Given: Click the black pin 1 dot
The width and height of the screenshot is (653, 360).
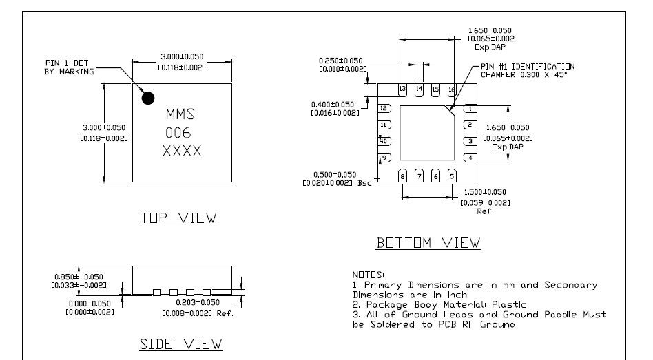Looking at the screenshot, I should [x=148, y=98].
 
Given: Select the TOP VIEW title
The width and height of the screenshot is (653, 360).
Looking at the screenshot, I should [x=178, y=218].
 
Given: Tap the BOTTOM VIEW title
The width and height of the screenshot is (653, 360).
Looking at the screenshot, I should [x=428, y=244].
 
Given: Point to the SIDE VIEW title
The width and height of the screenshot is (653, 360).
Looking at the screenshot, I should [x=181, y=343].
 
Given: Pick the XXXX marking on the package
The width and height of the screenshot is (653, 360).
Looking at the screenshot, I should [x=182, y=151].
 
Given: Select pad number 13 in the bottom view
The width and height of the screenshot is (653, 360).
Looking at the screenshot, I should [x=403, y=90].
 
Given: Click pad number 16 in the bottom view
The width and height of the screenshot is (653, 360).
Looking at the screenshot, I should [x=452, y=90].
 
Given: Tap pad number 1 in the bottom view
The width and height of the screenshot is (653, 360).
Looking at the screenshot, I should [x=470, y=108].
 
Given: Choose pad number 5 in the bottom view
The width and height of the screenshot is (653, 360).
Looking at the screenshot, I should [x=452, y=176].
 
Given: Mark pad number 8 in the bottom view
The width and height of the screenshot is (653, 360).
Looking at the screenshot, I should [x=403, y=176].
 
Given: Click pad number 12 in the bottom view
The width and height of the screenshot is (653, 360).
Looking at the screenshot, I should [x=385, y=108].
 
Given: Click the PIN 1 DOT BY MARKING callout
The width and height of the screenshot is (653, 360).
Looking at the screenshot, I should [x=67, y=67].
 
